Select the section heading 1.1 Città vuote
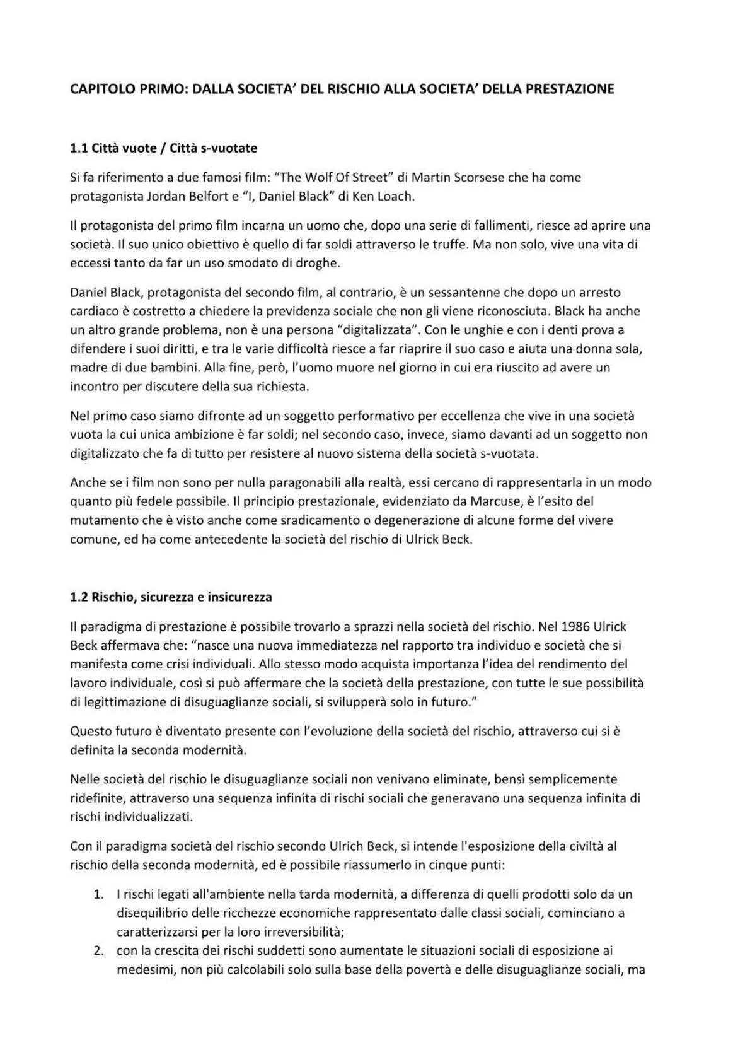164,149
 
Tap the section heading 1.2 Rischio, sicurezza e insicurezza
171,597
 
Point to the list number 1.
98,894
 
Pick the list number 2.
98,950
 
